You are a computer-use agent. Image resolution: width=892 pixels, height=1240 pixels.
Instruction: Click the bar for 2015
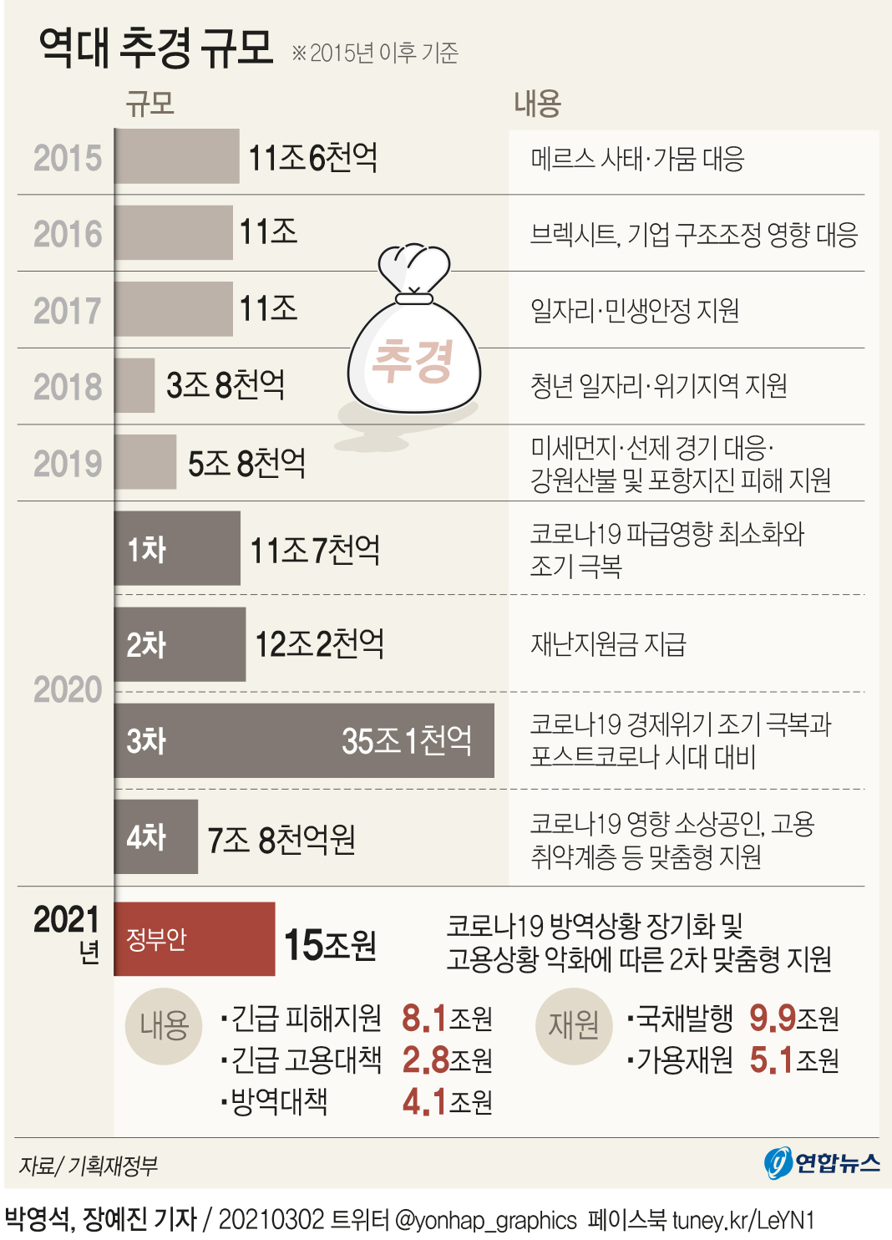[x=177, y=156]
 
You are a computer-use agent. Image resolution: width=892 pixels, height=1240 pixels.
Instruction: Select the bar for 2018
[x=134, y=385]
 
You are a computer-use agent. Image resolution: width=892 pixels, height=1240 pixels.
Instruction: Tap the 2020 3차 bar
[x=304, y=740]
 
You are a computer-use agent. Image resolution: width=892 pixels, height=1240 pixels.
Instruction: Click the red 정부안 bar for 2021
[x=195, y=938]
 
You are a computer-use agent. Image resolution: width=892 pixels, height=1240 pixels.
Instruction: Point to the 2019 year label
[x=67, y=464]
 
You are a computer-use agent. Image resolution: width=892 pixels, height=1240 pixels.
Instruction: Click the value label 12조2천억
[x=319, y=644]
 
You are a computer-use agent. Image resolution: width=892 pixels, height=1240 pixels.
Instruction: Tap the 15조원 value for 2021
[x=330, y=945]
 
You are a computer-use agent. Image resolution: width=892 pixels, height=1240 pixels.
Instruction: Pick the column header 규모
[x=150, y=104]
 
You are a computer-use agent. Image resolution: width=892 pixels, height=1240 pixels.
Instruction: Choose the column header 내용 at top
[x=537, y=104]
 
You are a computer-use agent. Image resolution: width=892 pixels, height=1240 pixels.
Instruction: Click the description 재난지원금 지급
[x=608, y=644]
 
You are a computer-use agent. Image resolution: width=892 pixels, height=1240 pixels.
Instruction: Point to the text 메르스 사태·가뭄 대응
[x=637, y=158]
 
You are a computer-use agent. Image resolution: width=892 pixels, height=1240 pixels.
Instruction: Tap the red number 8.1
[x=424, y=1019]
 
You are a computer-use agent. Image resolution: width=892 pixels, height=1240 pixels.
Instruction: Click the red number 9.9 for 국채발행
[x=772, y=1019]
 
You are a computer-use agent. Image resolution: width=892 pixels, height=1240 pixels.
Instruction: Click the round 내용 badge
[x=164, y=1026]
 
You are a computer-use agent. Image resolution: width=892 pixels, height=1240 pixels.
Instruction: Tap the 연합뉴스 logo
[x=822, y=1163]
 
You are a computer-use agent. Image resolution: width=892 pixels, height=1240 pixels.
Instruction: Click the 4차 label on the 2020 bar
[x=146, y=837]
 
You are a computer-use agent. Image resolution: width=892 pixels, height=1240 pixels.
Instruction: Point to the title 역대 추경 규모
[x=156, y=48]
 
